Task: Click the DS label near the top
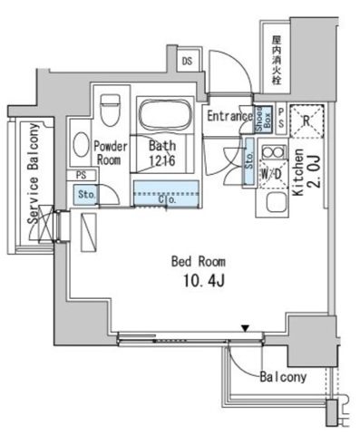pyautogui.click(x=187, y=61)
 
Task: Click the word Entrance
pyautogui.click(x=228, y=115)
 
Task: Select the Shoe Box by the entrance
pyautogui.click(x=258, y=118)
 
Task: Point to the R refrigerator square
pyautogui.click(x=306, y=118)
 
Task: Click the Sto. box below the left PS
pyautogui.click(x=87, y=194)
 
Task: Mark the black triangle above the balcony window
pyautogui.click(x=244, y=328)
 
